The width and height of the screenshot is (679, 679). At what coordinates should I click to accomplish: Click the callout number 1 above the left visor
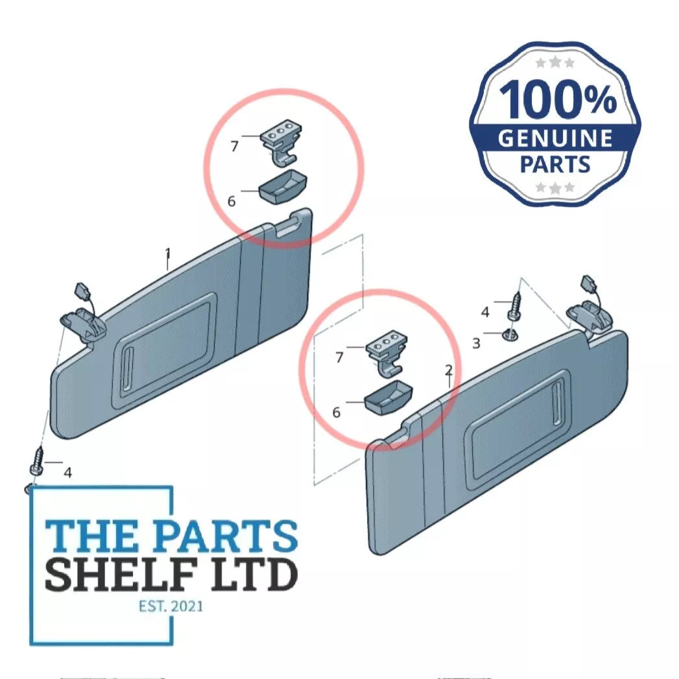tap(168, 254)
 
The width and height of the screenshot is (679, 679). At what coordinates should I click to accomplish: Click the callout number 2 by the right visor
tap(449, 370)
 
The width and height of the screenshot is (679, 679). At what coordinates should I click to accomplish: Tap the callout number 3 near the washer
tap(477, 344)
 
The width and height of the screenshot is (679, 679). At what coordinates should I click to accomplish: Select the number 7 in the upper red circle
tap(234, 147)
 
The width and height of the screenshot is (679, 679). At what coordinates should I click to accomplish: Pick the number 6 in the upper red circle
tap(232, 201)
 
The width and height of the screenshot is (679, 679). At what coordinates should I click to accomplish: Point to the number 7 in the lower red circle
tap(340, 357)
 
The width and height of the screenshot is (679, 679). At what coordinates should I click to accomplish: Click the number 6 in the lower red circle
tap(337, 412)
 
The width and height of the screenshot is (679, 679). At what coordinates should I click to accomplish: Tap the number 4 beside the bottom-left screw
tap(67, 472)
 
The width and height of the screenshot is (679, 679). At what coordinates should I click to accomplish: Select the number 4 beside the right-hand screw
tap(485, 312)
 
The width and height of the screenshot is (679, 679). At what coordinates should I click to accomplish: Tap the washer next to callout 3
tap(510, 335)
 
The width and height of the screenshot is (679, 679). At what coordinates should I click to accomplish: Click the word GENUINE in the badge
tap(554, 138)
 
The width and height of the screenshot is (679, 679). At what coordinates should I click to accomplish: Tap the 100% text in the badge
tap(558, 99)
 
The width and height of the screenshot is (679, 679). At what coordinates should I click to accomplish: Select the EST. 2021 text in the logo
tap(171, 606)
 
